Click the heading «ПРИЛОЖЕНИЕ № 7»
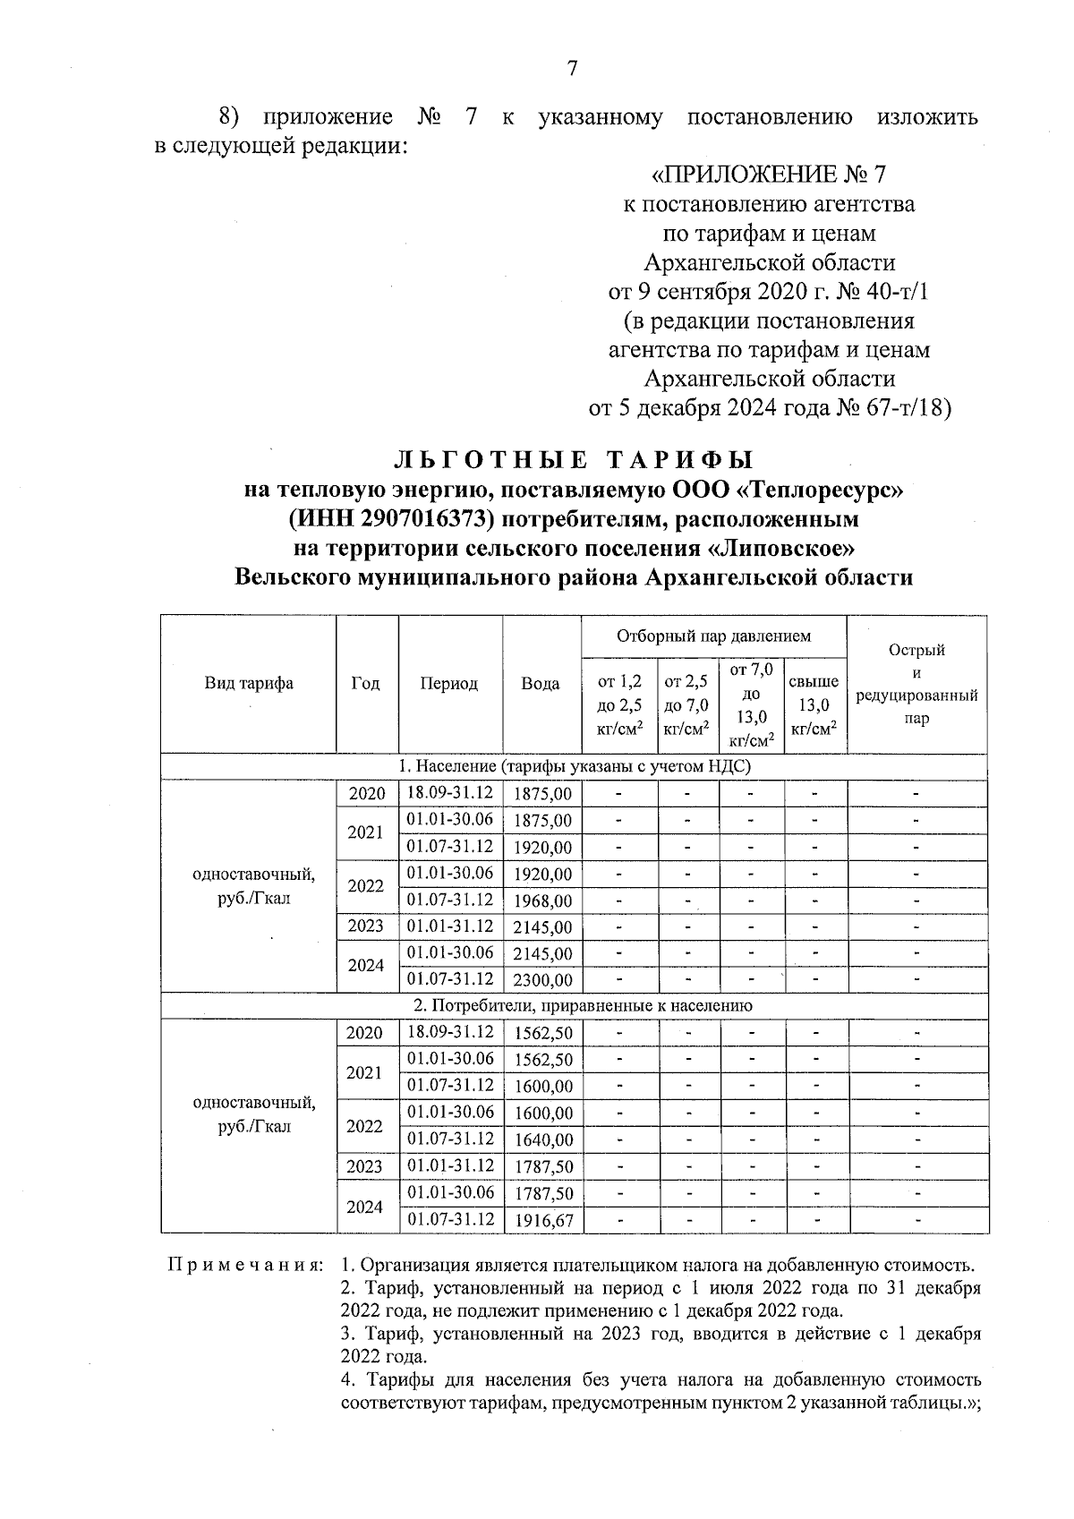point(769,174)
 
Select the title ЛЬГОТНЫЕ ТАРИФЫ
point(573,460)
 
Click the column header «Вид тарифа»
point(249,684)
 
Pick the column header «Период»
point(449,684)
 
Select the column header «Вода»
point(541,684)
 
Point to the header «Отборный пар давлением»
point(713,636)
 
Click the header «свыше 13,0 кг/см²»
point(814,705)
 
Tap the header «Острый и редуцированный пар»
point(916,684)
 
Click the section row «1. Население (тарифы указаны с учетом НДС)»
point(574,767)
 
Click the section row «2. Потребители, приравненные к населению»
point(574,1006)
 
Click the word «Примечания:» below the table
point(246,1267)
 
